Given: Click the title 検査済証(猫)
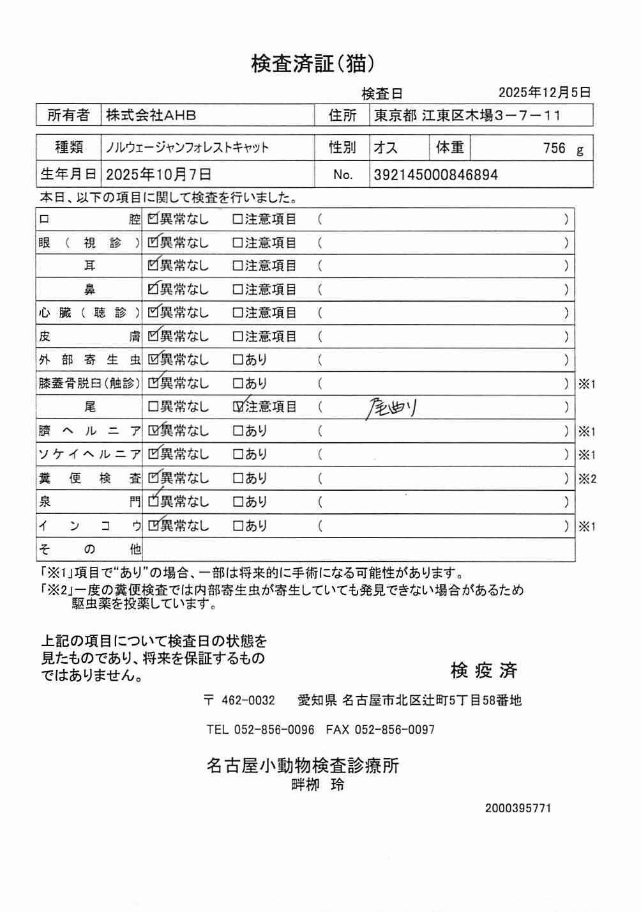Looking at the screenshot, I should point(312,63).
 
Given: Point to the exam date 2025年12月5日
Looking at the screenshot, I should point(544,93).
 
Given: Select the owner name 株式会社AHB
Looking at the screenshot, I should point(151,116).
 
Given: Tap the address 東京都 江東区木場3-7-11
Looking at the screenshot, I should point(467,116).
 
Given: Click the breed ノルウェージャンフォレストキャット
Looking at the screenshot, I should point(187,148).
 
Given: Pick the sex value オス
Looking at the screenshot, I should point(386,148).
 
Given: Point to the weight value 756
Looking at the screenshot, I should point(554,148).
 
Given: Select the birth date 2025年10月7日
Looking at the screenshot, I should point(158,174).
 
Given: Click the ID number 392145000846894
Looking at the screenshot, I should point(435,174).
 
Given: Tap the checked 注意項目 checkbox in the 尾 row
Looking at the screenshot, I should point(238,406).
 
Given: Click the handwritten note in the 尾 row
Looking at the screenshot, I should point(391,406).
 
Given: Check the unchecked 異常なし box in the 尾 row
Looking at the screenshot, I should point(153,406).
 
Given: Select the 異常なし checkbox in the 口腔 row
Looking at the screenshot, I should point(153,219).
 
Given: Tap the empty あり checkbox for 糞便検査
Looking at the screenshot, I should point(238,478).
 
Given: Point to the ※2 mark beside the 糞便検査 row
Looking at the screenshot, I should point(587,479).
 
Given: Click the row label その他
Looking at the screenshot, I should point(89,549).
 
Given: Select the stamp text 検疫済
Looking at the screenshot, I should point(483,670).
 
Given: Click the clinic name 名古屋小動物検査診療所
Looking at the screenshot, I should point(303,765).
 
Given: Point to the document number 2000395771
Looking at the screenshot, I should point(518,808).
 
